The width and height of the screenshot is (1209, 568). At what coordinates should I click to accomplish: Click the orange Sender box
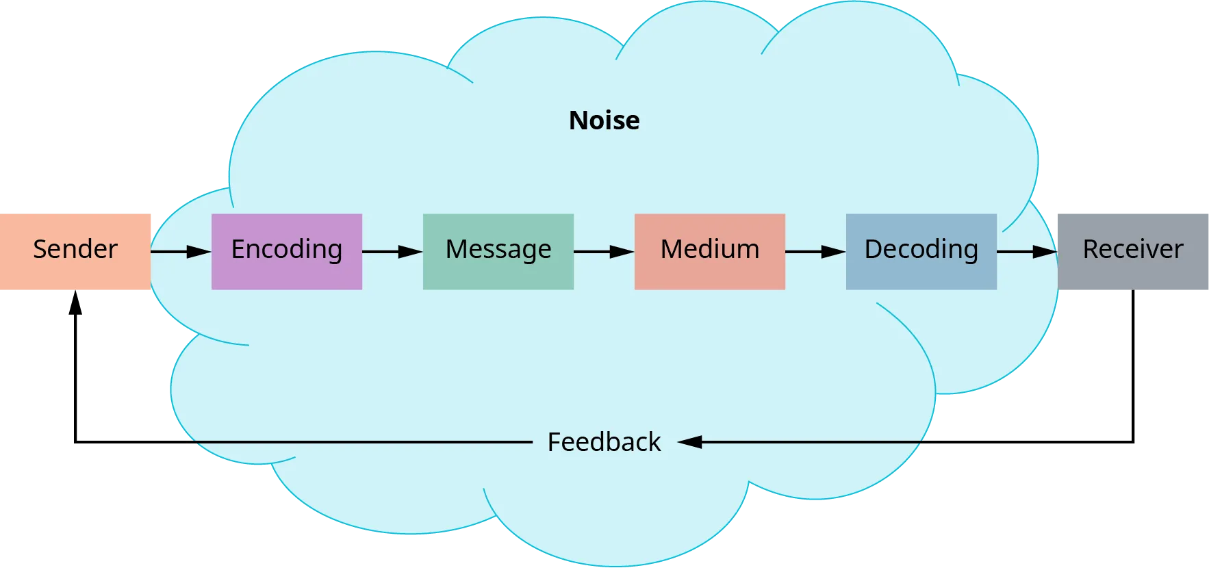(x=75, y=251)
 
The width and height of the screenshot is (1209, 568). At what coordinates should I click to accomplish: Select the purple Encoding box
(x=286, y=251)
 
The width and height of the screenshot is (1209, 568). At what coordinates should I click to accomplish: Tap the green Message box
(x=498, y=251)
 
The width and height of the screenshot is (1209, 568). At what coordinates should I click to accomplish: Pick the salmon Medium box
(x=709, y=251)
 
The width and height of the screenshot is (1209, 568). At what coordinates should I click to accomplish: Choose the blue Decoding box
(x=921, y=251)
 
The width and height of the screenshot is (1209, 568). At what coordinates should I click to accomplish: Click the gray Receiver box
(x=1132, y=251)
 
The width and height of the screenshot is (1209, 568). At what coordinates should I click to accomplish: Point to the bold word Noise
(x=604, y=120)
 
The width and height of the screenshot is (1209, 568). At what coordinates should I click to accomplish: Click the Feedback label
(x=604, y=442)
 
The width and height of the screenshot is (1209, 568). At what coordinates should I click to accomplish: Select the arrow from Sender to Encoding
(x=181, y=252)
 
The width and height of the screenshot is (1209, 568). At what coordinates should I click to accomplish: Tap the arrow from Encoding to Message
(x=392, y=252)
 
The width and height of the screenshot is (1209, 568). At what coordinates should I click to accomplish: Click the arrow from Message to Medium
(x=604, y=252)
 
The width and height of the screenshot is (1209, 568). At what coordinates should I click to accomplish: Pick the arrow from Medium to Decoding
(x=815, y=252)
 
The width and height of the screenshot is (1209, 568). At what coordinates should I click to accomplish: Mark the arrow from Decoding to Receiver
(x=1027, y=252)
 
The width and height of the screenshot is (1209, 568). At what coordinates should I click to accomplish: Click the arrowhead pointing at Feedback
(x=690, y=442)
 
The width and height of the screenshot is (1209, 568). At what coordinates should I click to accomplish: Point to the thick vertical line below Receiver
(x=1134, y=363)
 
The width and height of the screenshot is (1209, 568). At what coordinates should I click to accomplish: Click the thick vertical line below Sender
(x=77, y=370)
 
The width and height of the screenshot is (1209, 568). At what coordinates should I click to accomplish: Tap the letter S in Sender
(x=40, y=249)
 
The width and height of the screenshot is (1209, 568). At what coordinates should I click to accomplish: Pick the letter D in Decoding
(x=874, y=249)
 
